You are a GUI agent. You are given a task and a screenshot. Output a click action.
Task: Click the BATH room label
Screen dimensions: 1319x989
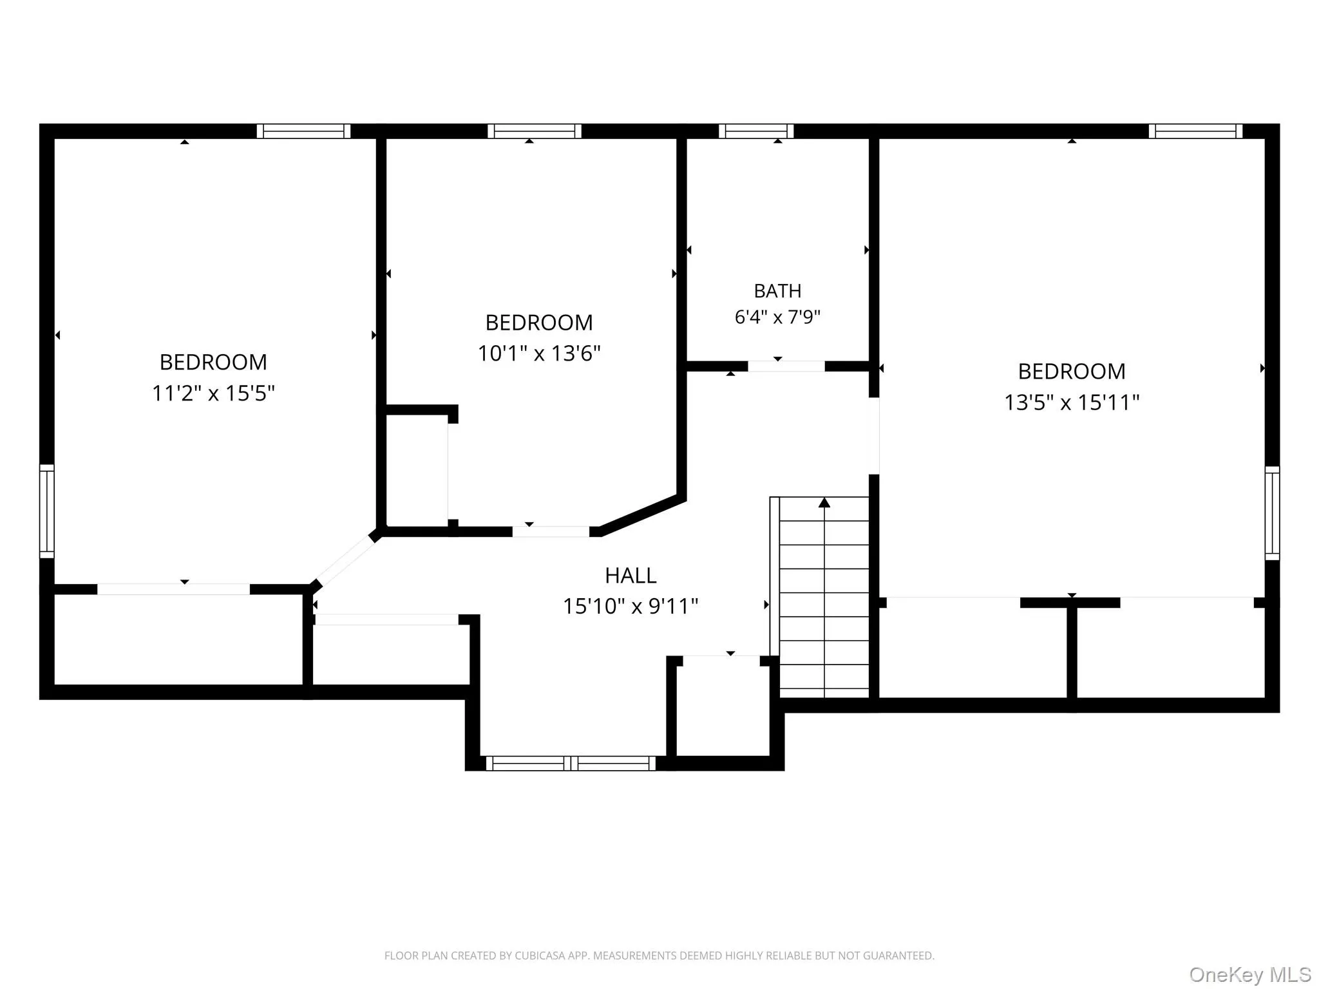[x=777, y=291]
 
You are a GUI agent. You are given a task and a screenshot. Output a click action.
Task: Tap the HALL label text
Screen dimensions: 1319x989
[x=631, y=576]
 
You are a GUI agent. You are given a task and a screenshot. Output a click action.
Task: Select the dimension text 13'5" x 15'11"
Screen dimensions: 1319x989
[x=1072, y=402]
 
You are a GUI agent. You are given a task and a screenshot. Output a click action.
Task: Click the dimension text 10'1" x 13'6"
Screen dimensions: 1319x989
[x=539, y=353]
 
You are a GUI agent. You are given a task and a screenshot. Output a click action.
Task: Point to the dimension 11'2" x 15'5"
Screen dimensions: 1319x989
[x=213, y=393]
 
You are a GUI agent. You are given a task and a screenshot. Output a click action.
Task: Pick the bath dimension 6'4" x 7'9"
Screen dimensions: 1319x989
[x=777, y=317]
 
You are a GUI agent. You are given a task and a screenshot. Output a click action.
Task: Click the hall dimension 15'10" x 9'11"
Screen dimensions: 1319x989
[x=631, y=607]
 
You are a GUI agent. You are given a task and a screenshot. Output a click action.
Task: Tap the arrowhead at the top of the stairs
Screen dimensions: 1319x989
[x=824, y=502]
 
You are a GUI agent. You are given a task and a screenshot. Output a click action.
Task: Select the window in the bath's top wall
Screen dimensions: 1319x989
[x=756, y=131]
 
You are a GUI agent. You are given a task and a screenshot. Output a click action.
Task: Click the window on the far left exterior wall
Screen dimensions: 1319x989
[x=47, y=511]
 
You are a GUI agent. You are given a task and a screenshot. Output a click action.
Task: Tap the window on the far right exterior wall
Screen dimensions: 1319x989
[x=1272, y=513]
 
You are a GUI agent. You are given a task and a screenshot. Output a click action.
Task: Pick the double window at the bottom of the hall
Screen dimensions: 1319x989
[x=571, y=764]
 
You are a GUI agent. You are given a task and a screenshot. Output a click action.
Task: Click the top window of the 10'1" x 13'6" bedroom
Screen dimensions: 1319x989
[x=535, y=131]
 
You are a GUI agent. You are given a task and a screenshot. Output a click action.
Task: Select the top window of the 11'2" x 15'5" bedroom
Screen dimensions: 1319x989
[x=304, y=131]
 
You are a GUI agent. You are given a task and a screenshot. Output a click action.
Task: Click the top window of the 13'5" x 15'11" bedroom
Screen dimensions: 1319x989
[x=1195, y=131]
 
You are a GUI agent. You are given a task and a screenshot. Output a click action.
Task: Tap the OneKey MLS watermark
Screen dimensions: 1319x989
[x=1250, y=975]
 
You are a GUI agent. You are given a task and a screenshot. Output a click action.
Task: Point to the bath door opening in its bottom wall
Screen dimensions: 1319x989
[x=786, y=366]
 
